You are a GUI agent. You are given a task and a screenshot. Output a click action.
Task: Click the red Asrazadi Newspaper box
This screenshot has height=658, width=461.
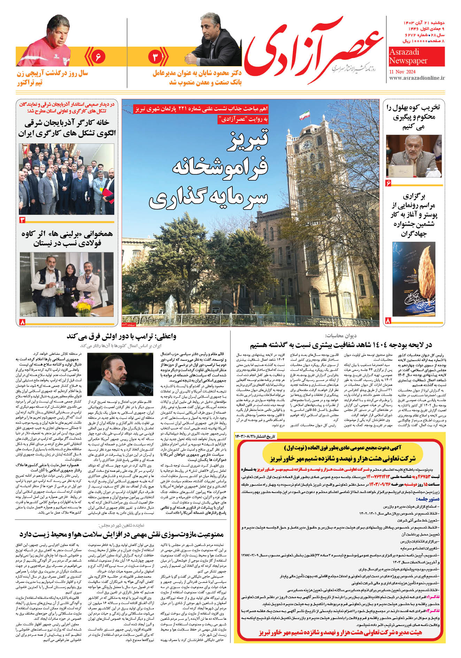click(x=416, y=56)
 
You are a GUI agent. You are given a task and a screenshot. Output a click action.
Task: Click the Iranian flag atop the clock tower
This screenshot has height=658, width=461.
click(x=305, y=115)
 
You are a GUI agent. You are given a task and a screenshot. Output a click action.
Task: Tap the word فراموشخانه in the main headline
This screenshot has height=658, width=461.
click(x=220, y=168)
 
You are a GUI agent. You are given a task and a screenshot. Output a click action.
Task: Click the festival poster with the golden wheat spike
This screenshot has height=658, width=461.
click(x=414, y=278)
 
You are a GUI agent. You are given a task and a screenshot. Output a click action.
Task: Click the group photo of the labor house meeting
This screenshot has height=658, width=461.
click(x=66, y=179)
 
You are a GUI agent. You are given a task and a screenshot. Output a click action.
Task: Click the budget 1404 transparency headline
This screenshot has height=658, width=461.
click(x=340, y=345)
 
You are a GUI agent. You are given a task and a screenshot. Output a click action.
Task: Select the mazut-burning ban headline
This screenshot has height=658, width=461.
click(x=121, y=534)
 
